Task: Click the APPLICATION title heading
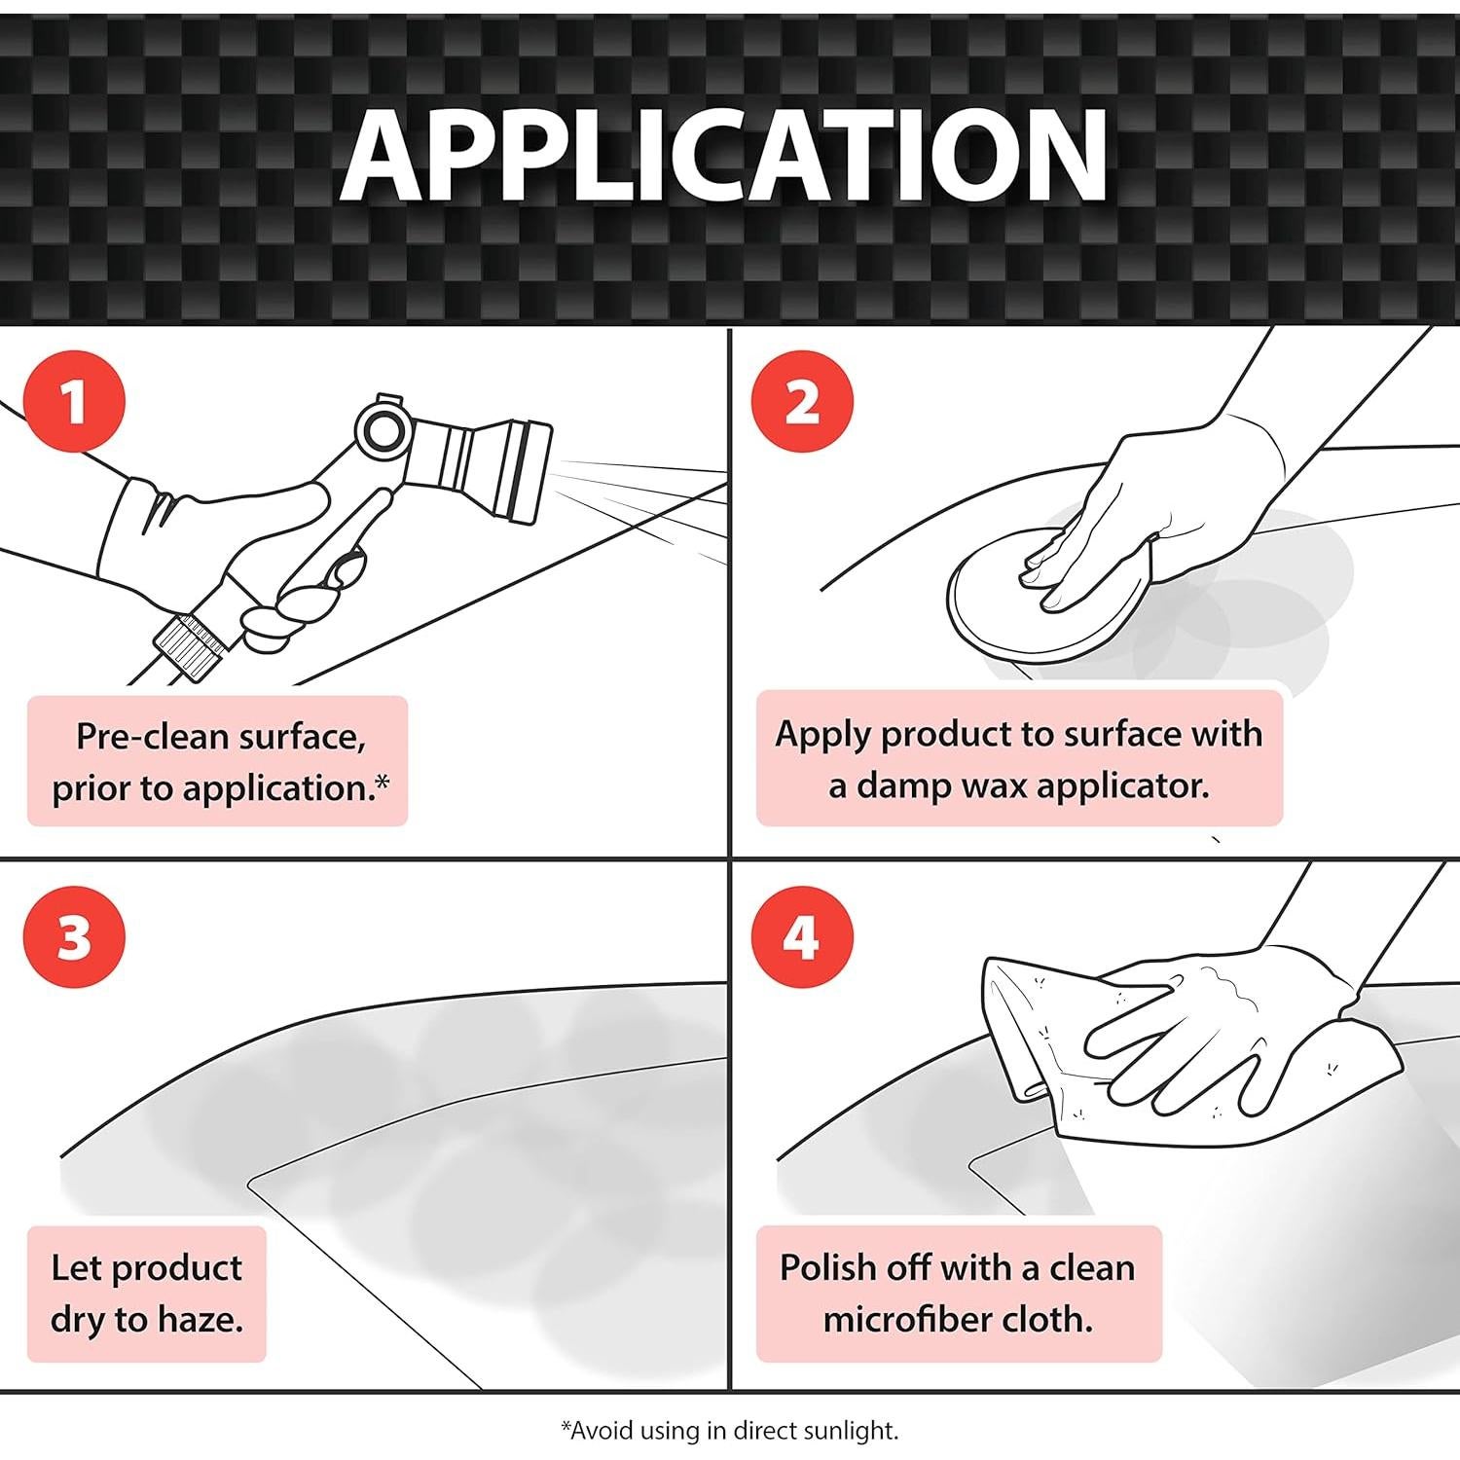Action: coord(723,156)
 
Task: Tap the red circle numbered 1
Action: coord(75,401)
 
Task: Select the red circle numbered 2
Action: coord(802,401)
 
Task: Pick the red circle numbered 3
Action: coord(75,937)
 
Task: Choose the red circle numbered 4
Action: coord(802,937)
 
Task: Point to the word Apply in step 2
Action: coord(822,735)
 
